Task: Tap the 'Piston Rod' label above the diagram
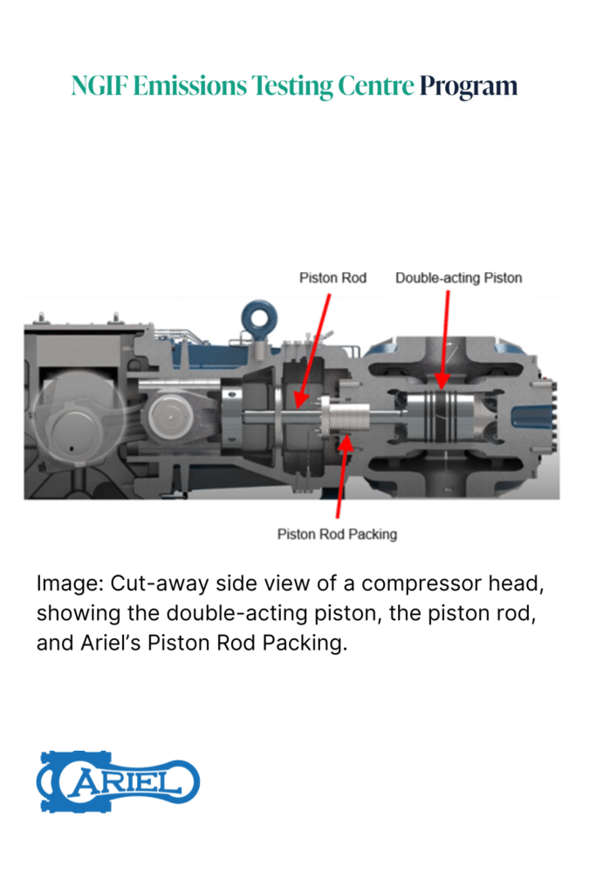point(332,278)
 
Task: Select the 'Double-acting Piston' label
point(458,278)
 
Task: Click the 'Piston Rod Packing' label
point(337,534)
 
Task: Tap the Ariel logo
point(118,781)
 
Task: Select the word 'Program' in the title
point(469,86)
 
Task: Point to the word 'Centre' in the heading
point(371,86)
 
